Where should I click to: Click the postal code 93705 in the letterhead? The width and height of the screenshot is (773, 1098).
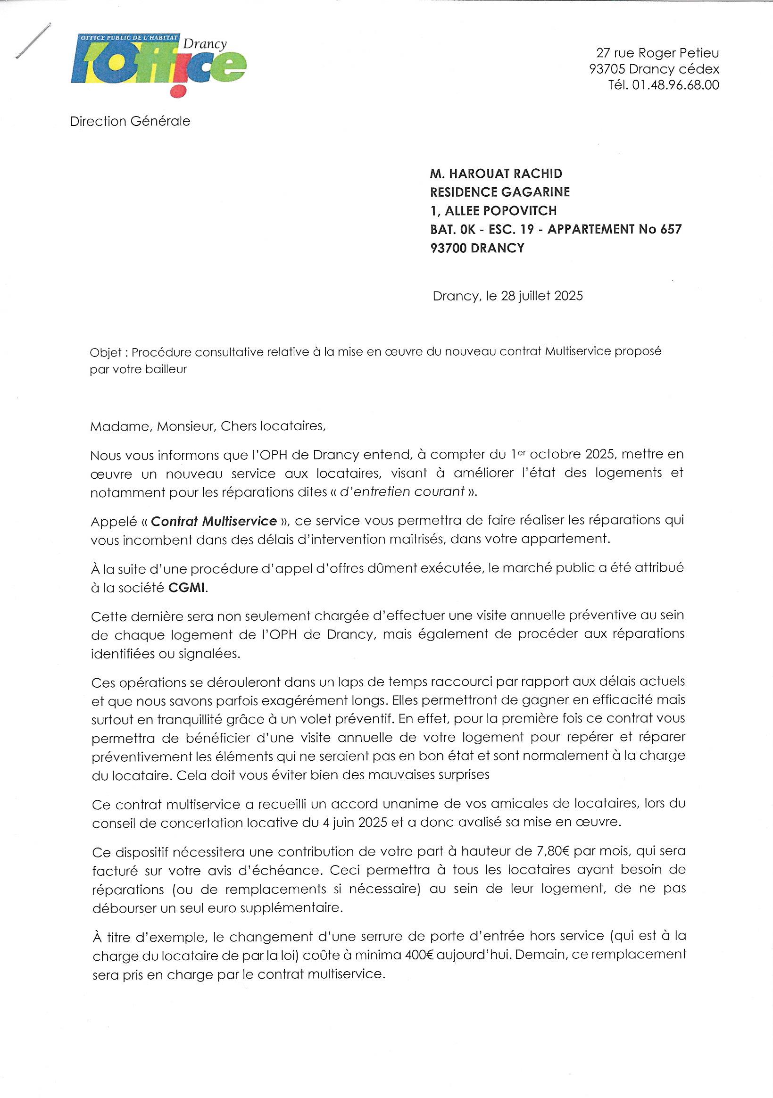coord(607,69)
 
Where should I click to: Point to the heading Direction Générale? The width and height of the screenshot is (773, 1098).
coord(130,122)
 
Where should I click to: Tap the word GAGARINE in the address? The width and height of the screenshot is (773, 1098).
coord(535,192)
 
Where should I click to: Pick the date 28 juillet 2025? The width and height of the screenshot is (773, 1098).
coord(541,296)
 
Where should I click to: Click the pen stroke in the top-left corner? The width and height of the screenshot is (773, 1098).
coord(33,40)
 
